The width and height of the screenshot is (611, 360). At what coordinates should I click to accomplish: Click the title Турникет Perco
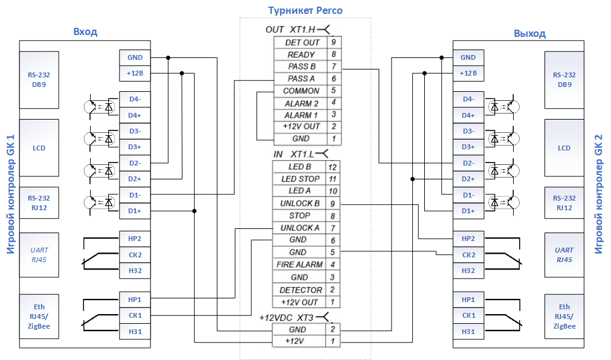point(305,10)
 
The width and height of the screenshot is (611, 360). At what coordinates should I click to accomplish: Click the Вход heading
point(85,31)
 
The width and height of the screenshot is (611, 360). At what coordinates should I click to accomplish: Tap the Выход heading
point(529,33)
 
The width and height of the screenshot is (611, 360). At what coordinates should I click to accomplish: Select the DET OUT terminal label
point(302,42)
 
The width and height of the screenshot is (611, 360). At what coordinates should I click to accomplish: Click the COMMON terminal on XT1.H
point(301,91)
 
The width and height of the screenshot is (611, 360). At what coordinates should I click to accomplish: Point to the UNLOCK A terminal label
point(300,228)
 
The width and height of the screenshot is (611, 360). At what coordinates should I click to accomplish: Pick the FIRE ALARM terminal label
point(300,265)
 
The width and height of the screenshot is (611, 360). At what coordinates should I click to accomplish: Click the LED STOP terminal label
point(300,179)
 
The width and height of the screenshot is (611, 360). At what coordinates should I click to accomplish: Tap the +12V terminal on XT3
point(294,341)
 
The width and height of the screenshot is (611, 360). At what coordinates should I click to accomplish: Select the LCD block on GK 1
point(39,148)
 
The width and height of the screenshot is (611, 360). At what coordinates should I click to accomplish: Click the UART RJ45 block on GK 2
point(564,255)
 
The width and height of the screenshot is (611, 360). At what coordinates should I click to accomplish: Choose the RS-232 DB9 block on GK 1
point(39,80)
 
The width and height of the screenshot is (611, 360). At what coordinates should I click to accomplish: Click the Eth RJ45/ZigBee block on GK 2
point(564,317)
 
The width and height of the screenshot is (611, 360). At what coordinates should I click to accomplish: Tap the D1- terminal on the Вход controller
point(135,195)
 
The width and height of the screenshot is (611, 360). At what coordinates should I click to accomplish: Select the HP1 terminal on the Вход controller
point(135,300)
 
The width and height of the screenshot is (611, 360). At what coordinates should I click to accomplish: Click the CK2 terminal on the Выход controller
point(468,255)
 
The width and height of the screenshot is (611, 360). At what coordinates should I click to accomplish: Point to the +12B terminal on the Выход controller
point(468,73)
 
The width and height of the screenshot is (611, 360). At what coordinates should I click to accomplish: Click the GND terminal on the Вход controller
point(135,57)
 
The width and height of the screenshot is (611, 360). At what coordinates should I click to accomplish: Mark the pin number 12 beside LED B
point(332,167)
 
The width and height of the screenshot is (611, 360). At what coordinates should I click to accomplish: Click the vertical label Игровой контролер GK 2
point(598,194)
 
